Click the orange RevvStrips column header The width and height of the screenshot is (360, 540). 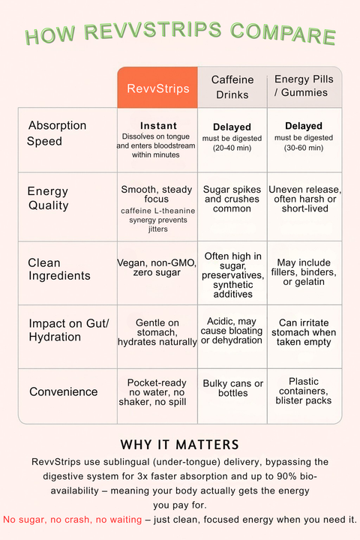coord(157,88)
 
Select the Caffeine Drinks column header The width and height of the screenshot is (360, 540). coord(232,86)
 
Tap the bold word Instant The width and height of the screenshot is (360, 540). coord(158,126)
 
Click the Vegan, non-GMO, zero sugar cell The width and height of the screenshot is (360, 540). coord(157,268)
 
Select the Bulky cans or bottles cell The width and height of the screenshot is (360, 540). coord(232,388)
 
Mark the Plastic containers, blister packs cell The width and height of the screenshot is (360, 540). coord(304,391)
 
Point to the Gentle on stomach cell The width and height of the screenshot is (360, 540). coord(157,331)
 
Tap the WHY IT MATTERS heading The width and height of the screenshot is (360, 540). coord(179,444)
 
